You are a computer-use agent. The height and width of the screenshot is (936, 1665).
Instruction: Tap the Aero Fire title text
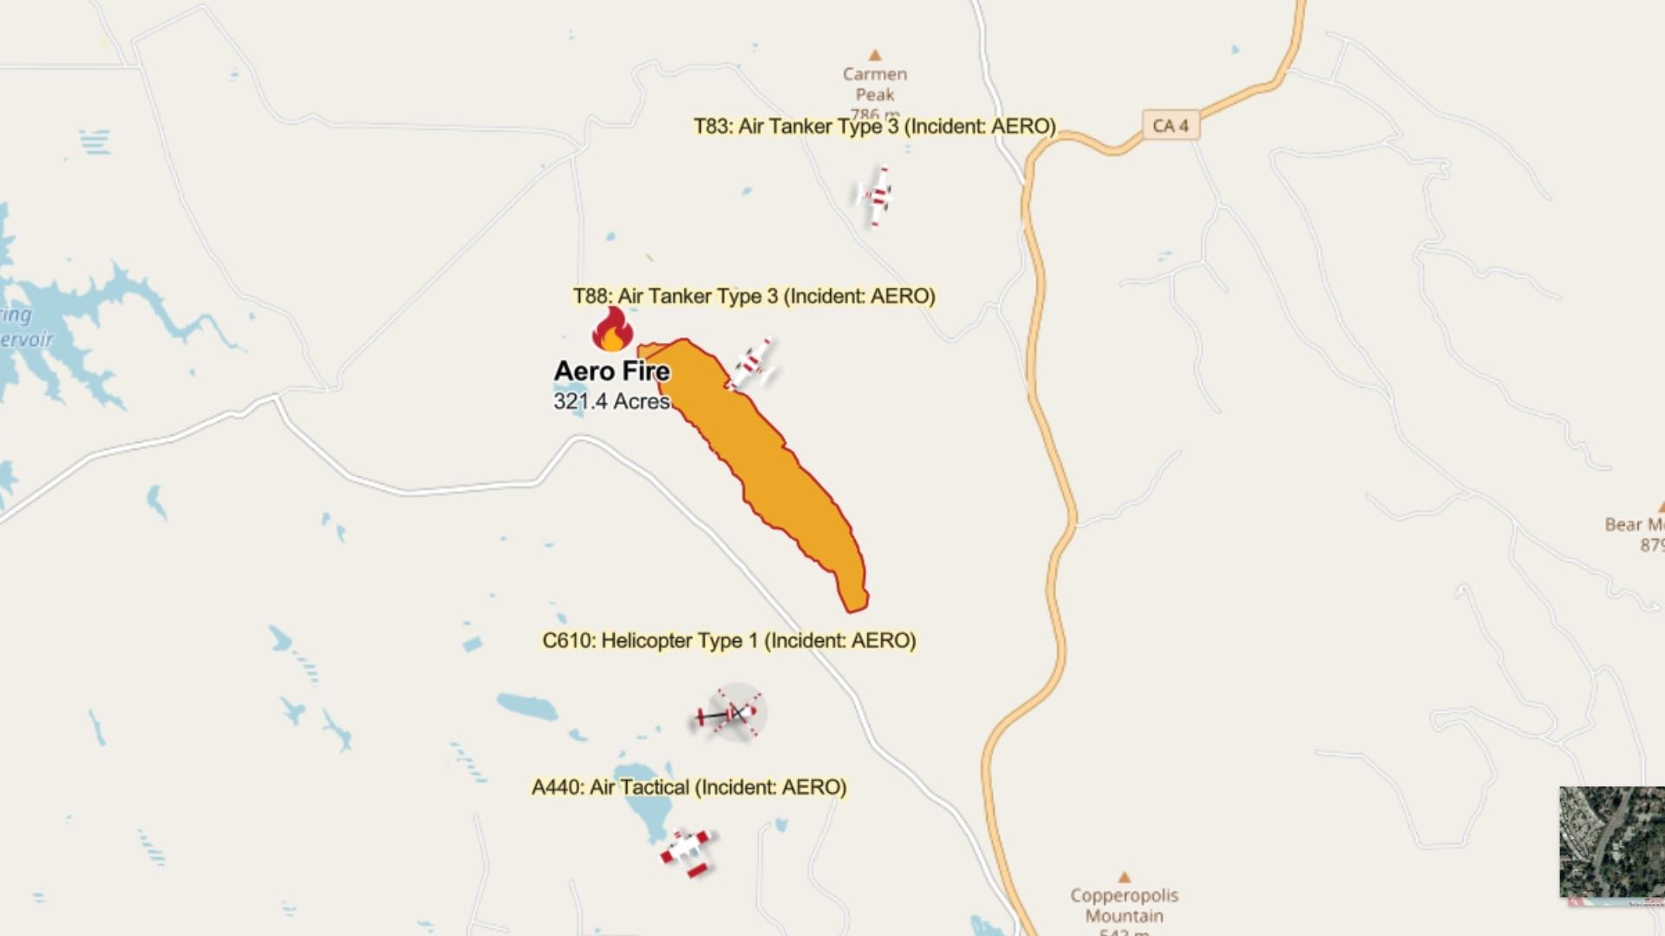tap(611, 371)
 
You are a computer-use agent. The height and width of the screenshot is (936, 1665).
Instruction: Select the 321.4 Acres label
tap(611, 401)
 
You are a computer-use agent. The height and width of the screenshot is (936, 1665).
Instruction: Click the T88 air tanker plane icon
tap(752, 365)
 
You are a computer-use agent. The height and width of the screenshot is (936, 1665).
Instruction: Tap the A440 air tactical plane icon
tap(687, 850)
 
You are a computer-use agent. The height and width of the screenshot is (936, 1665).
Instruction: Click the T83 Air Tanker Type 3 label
tap(874, 127)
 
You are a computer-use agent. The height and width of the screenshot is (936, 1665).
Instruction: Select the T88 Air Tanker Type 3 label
tap(754, 296)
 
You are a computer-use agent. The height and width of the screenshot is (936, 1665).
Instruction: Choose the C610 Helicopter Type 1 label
tap(728, 640)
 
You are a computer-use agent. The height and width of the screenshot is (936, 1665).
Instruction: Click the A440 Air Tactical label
tap(689, 787)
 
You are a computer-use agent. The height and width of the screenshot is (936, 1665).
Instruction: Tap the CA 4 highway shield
tap(1171, 126)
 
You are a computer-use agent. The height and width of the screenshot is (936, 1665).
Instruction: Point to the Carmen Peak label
tap(874, 85)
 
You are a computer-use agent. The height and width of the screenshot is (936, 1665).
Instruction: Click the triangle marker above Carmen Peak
tap(875, 55)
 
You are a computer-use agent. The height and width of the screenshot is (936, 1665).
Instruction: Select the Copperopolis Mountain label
tap(1124, 905)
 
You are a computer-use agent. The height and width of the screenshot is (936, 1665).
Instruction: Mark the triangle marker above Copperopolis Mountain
tap(1124, 877)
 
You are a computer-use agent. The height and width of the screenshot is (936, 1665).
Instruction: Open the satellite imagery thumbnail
tap(1611, 842)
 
